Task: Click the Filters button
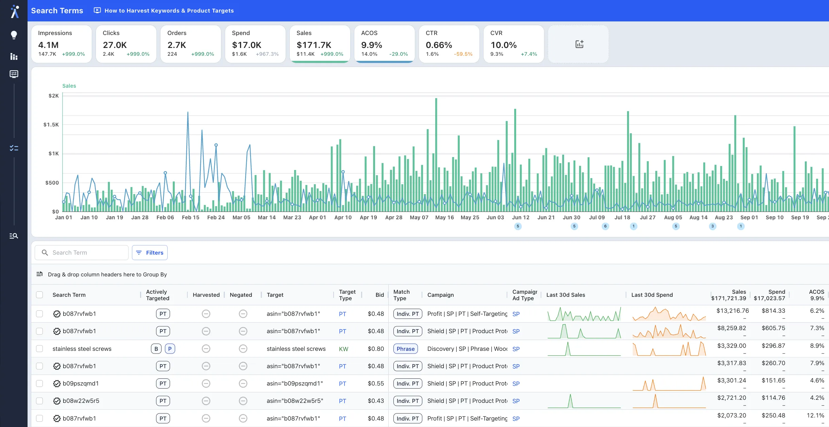tap(150, 253)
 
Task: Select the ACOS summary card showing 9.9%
tap(384, 44)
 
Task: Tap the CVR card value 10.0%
tap(503, 45)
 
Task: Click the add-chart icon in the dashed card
tap(579, 44)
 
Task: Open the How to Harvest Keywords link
tap(169, 11)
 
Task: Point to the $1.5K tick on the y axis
tap(51, 125)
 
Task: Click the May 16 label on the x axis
tap(444, 218)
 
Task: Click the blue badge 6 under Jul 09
tap(605, 226)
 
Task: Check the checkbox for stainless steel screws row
tap(39, 349)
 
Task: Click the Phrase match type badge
tap(405, 349)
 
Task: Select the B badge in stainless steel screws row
tap(156, 349)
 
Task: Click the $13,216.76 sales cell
tap(732, 311)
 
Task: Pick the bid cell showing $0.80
tap(375, 349)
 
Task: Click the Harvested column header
tap(206, 295)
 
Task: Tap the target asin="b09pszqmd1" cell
tap(294, 383)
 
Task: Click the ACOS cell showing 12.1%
tap(815, 415)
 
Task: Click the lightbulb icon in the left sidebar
tap(14, 35)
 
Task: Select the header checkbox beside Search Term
tap(39, 295)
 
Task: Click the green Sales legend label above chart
tap(69, 86)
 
